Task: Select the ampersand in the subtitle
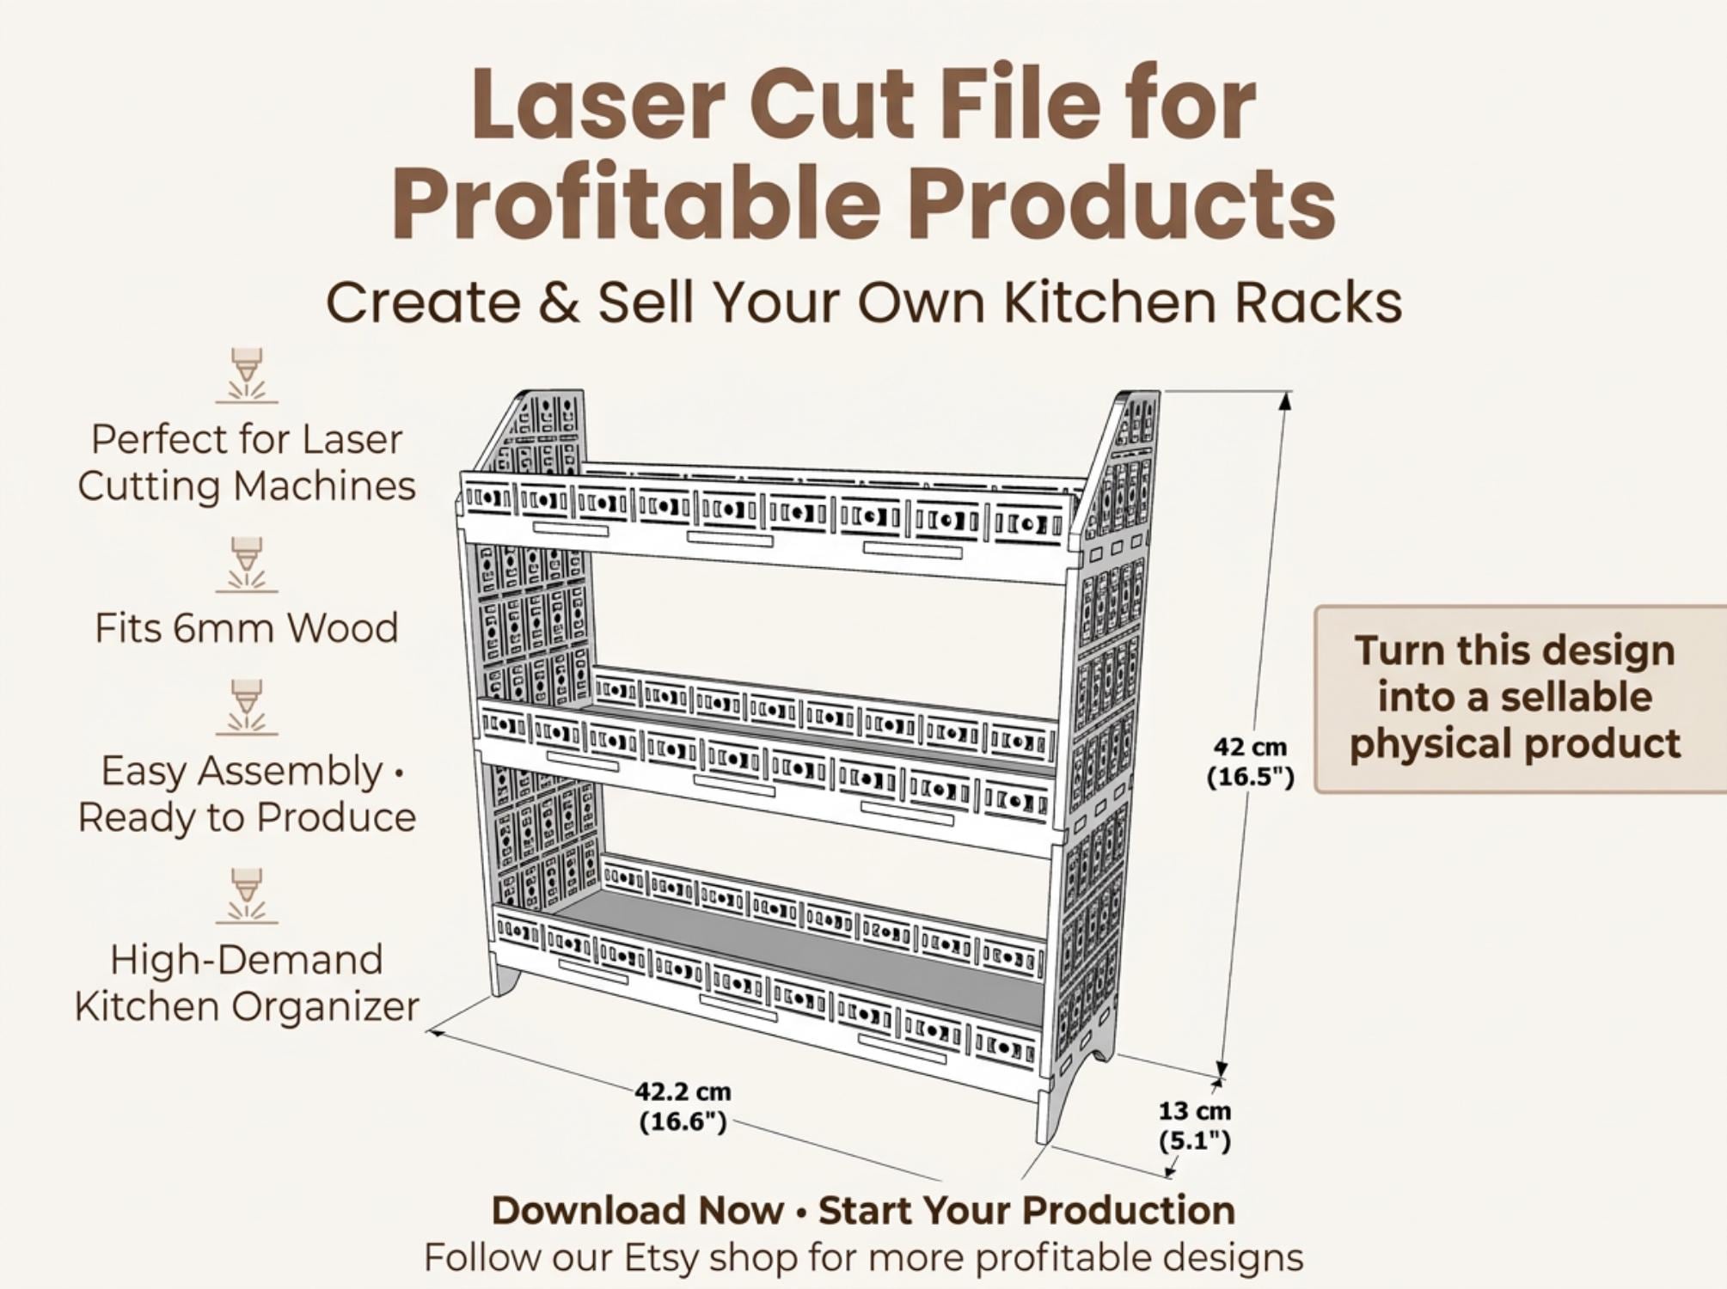click(560, 303)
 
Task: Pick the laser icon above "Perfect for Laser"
click(247, 376)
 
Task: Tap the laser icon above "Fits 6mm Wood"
click(247, 565)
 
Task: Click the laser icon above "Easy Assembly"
click(247, 707)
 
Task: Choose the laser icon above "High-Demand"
click(247, 896)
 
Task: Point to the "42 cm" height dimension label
click(1251, 747)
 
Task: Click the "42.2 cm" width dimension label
click(683, 1091)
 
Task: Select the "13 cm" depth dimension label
click(1195, 1110)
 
